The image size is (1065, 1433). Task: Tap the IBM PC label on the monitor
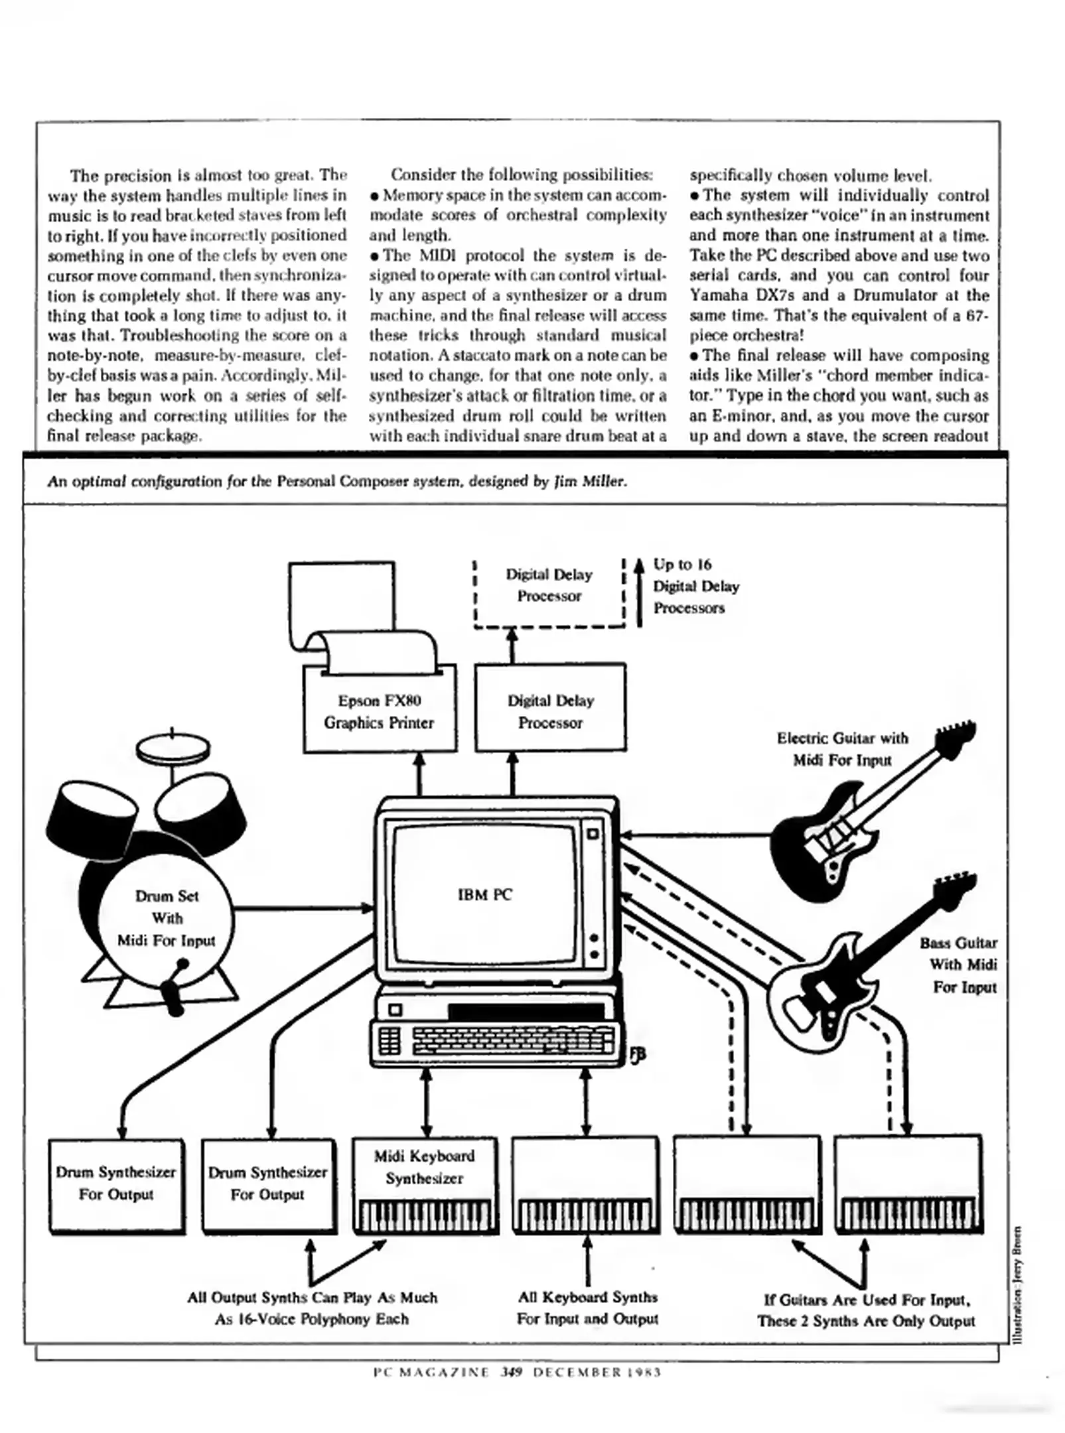click(484, 895)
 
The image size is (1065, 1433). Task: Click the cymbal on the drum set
click(173, 748)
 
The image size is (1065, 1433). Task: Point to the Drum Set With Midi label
click(167, 918)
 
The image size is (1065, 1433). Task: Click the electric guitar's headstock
click(956, 734)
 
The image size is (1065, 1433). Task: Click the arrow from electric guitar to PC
click(697, 836)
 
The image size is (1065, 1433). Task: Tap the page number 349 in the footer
click(512, 1372)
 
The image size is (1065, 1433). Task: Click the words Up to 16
click(682, 565)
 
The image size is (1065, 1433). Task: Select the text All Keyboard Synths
click(587, 1297)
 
